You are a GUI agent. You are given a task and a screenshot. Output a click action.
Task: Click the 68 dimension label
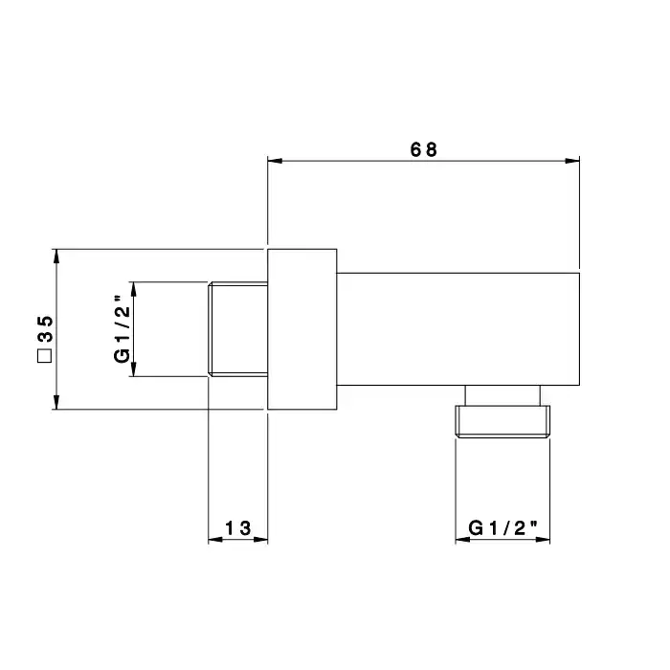423,149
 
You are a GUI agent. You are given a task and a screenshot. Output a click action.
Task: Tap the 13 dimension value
238,528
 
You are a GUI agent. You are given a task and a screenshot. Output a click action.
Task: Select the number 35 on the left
45,329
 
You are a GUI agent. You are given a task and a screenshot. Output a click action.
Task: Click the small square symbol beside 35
44,356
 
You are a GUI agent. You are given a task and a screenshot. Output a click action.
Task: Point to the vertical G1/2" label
122,329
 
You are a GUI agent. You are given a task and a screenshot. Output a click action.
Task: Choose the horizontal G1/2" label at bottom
502,528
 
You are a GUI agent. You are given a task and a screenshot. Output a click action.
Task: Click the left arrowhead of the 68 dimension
275,161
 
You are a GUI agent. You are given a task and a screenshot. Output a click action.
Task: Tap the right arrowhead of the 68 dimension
572,161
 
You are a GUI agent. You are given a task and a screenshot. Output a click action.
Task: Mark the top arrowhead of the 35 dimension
56,257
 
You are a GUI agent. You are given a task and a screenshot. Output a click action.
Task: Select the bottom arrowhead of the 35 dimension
56,402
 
